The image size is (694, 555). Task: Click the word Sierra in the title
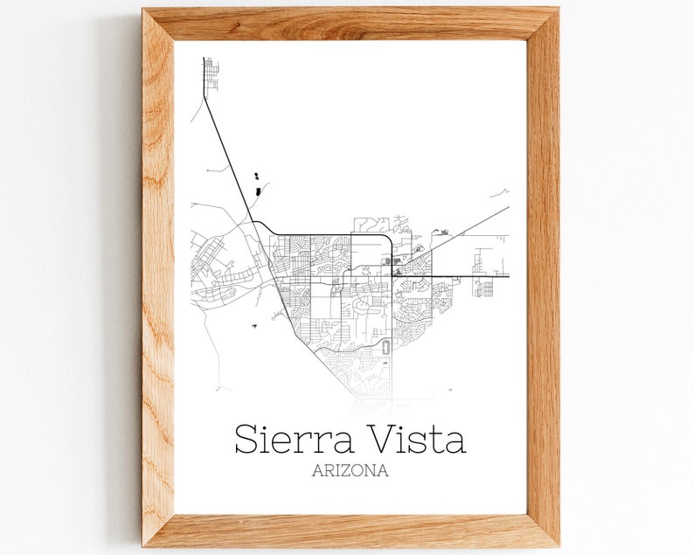293,439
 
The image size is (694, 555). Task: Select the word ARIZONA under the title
350,471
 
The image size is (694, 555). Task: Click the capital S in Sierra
247,439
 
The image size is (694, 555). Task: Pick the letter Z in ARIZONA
349,471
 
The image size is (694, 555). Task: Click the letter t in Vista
434,440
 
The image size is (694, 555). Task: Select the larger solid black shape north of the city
257,190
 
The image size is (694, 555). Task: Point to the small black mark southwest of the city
253,326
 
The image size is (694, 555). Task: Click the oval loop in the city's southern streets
385,349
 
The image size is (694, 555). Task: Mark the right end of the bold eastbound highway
508,276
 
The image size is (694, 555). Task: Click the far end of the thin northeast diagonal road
508,208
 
